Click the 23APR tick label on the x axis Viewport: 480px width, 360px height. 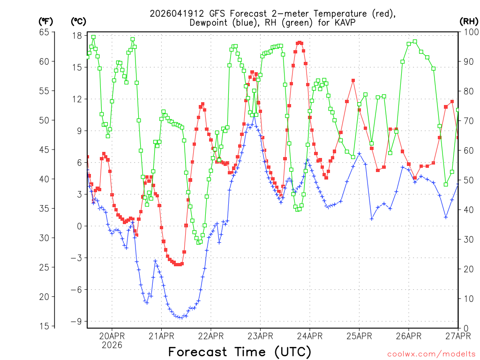pyautogui.click(x=260, y=336)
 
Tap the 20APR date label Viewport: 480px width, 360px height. pyautogui.click(x=112, y=336)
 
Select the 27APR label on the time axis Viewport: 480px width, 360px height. pyautogui.click(x=457, y=336)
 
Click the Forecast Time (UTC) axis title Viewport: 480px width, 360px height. pyautogui.click(x=240, y=352)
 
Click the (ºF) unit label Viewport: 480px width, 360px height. pyautogui.click(x=46, y=21)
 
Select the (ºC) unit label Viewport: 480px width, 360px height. pyautogui.click(x=78, y=21)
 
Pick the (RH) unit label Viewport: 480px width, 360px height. pyautogui.click(x=468, y=21)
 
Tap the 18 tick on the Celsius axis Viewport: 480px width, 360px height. pyautogui.click(x=77, y=36)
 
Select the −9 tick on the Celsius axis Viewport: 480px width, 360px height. pyautogui.click(x=76, y=321)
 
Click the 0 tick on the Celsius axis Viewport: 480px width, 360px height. pyautogui.click(x=80, y=226)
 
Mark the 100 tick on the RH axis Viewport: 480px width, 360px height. pyautogui.click(x=470, y=32)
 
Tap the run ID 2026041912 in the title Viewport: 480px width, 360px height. pyautogui.click(x=174, y=14)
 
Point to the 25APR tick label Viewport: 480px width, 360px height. pyautogui.click(x=359, y=336)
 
